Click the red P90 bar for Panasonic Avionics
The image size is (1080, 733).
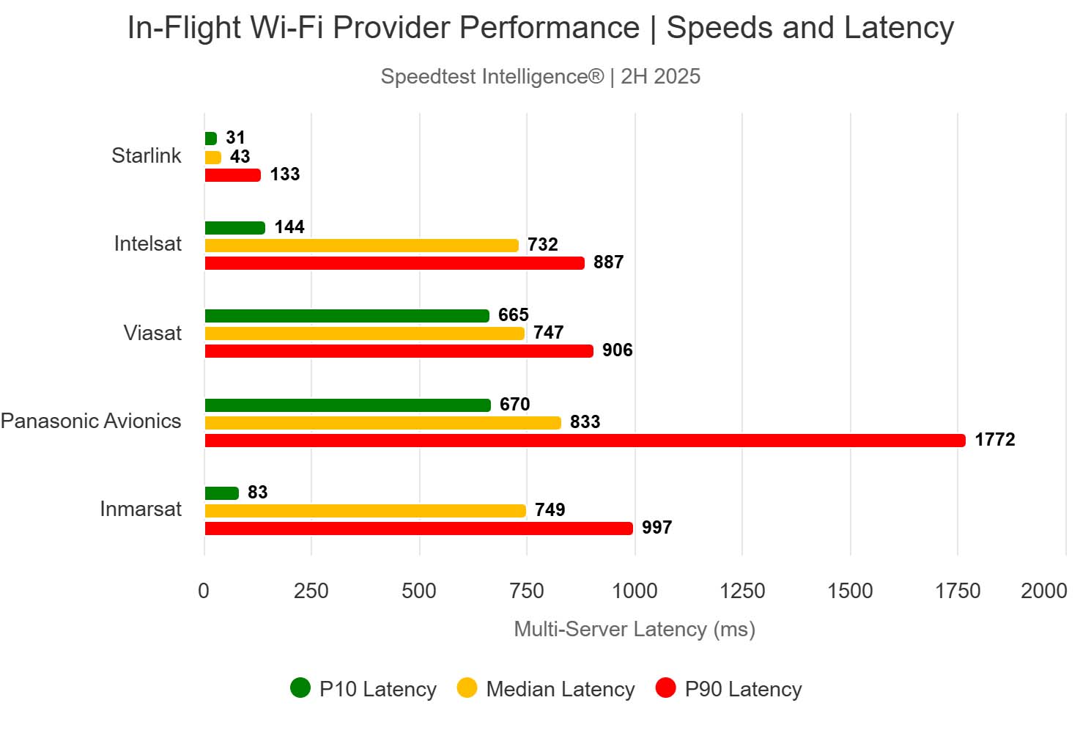pos(585,441)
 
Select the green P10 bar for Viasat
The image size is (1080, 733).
pos(347,316)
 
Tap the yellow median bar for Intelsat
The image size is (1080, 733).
pos(361,246)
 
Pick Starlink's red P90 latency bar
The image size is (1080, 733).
pos(232,175)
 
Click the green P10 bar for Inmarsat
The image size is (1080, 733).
pos(221,493)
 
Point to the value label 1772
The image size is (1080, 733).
pos(994,440)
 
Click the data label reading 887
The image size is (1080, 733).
pos(608,262)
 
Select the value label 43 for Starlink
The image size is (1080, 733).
pos(240,157)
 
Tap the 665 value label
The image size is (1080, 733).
pos(513,315)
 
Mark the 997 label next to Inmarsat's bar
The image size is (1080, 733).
pos(656,528)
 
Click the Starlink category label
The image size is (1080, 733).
pos(146,155)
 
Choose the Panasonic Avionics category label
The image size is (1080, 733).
pos(91,421)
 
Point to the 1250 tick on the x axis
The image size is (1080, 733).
pos(742,591)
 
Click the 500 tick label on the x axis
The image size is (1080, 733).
pos(419,591)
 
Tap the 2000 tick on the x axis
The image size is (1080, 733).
pos(1043,591)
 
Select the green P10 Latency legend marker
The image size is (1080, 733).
pos(300,688)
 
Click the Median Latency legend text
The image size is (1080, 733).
pos(561,689)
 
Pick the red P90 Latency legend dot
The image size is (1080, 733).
pos(665,688)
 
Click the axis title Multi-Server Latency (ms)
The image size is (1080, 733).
pos(635,629)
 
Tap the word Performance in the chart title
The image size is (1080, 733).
pos(549,28)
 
